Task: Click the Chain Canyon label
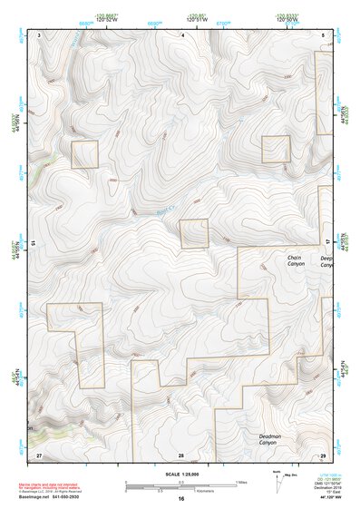(294, 262)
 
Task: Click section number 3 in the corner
(40, 34)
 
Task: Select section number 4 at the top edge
(183, 34)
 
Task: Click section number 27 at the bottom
(39, 454)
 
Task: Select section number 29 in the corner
(324, 454)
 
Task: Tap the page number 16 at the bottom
(181, 499)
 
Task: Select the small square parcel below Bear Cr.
(194, 234)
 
